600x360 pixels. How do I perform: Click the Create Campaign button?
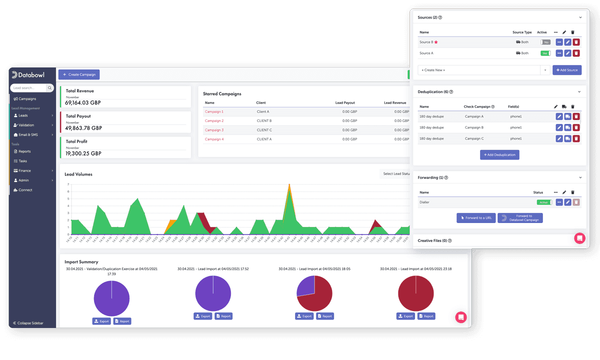point(79,74)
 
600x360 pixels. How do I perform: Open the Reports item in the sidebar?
point(24,151)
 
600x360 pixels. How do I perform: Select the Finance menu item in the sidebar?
point(24,170)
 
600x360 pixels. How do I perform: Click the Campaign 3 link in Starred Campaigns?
point(214,130)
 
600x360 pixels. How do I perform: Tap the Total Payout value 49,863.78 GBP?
point(83,128)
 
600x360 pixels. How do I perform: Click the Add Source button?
point(566,70)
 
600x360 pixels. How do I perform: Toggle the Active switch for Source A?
point(545,53)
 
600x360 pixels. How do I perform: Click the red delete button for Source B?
point(576,42)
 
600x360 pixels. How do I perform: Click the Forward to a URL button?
point(475,218)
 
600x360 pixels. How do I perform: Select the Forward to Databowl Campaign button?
point(520,218)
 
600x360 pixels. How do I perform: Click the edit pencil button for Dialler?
point(567,202)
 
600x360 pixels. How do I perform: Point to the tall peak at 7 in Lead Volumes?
point(289,185)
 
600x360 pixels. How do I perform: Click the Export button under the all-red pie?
point(405,316)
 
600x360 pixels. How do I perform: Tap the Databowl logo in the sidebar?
point(29,74)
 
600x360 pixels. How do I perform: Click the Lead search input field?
point(28,88)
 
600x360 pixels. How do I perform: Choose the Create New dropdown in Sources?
point(483,70)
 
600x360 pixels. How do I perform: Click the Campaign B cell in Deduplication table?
point(474,127)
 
